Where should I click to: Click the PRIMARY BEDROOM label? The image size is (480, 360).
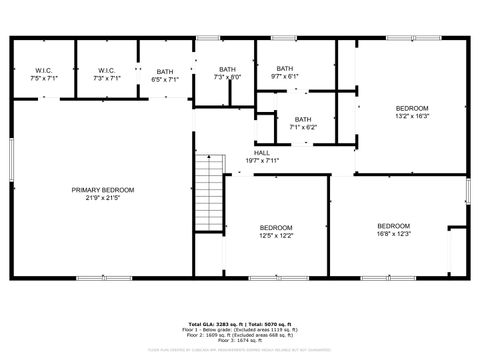[102, 189]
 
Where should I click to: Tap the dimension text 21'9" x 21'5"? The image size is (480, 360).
[102, 198]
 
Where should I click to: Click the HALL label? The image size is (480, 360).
[261, 152]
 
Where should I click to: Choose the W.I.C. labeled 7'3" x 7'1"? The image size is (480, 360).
[107, 73]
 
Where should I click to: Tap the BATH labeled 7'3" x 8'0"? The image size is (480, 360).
[227, 73]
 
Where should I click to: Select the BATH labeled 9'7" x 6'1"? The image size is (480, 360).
[284, 72]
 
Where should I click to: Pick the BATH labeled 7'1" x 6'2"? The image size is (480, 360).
[302, 123]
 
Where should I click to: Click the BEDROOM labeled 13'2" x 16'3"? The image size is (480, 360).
[411, 112]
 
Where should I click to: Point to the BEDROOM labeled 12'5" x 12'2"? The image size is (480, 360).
[276, 231]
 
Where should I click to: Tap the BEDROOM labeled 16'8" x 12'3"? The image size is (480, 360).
[394, 230]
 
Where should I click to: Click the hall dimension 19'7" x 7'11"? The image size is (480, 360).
[261, 160]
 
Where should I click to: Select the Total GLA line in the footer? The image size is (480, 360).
[240, 324]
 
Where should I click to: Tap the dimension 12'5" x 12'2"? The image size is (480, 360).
[276, 236]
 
